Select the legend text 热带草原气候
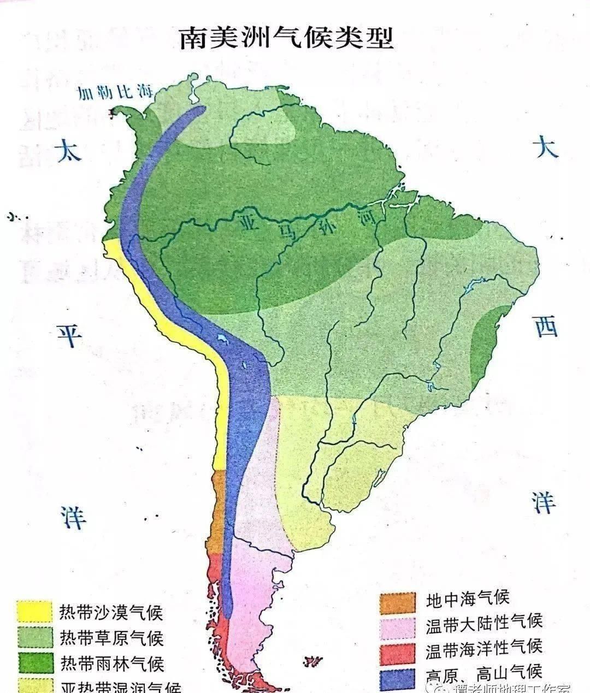[x=111, y=637]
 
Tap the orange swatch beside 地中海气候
[x=398, y=602]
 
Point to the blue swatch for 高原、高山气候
[x=398, y=677]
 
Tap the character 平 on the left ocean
[x=70, y=335]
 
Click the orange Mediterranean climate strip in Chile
[x=219, y=511]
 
